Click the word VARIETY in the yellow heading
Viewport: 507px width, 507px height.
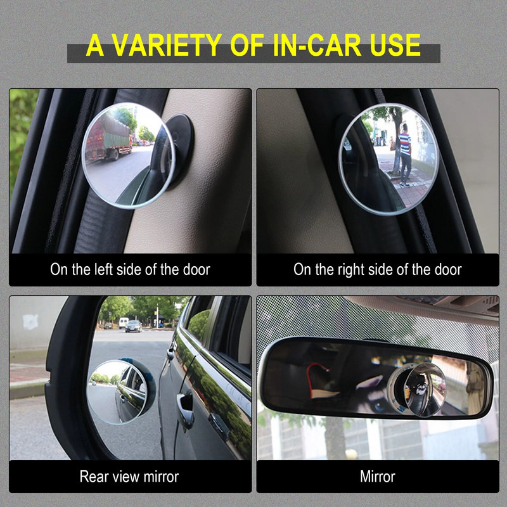[170, 45]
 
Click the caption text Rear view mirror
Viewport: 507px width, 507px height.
[129, 477]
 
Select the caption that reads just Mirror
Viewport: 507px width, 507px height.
[378, 477]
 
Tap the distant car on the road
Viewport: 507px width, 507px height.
[134, 326]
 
